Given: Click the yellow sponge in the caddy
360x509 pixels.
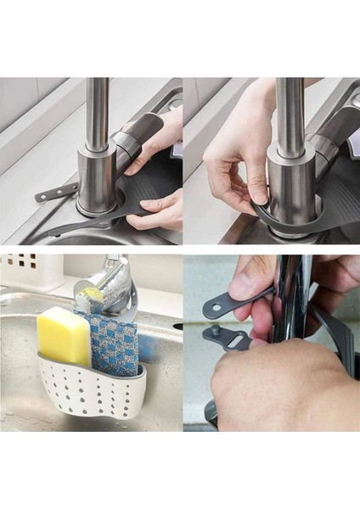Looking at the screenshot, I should point(63,336).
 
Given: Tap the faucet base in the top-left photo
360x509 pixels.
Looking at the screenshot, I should point(96,182).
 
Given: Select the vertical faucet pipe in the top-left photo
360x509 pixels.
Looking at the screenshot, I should point(98,110).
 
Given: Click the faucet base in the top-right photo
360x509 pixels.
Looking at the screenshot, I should point(291,182).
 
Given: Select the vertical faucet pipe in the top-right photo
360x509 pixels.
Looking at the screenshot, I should point(291,110).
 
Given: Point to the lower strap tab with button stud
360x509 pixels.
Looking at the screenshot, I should point(226,338).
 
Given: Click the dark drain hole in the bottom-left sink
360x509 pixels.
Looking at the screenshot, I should point(177,326).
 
